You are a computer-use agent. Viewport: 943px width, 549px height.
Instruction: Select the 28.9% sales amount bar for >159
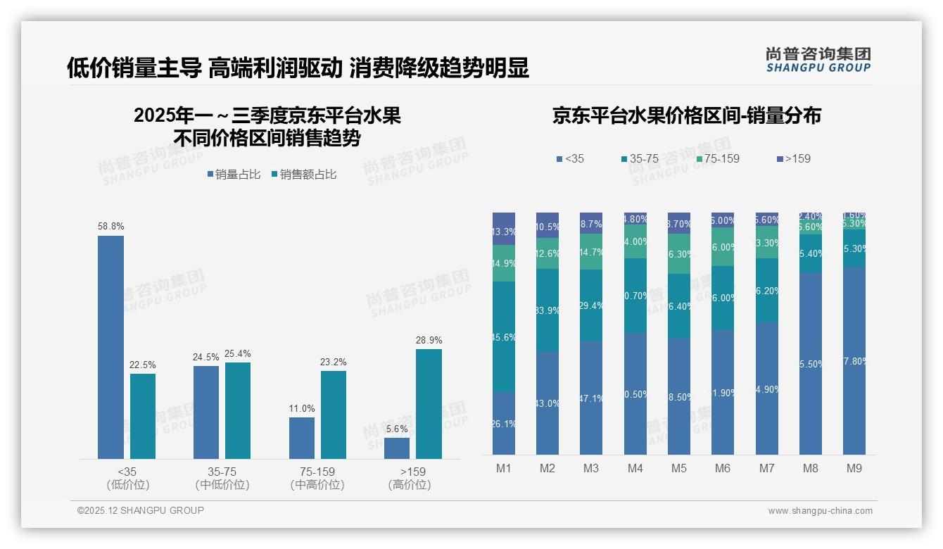click(x=429, y=404)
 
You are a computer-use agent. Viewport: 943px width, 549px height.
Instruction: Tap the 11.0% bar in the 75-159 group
click(x=302, y=438)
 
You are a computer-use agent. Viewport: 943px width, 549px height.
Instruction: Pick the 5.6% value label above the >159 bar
click(x=397, y=429)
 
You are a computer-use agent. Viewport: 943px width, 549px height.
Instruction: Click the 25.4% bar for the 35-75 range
click(x=238, y=410)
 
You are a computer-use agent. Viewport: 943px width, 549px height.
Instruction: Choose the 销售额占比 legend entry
click(x=303, y=175)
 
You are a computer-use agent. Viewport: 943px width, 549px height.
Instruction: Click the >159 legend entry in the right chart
click(x=794, y=159)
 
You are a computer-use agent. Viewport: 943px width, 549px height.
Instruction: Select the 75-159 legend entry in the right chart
click(x=718, y=159)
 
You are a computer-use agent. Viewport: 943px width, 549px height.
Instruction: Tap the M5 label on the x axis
click(x=678, y=468)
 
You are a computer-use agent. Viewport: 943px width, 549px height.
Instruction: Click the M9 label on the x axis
click(x=854, y=468)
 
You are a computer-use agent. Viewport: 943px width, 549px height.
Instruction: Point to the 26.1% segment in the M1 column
click(x=504, y=423)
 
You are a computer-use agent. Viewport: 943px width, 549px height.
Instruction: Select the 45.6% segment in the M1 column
click(x=504, y=336)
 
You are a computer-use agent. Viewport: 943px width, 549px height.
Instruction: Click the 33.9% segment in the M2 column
click(x=548, y=310)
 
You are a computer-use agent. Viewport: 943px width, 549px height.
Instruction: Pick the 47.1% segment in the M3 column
click(x=591, y=398)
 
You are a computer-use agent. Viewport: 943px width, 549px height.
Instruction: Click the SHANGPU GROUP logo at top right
click(x=818, y=60)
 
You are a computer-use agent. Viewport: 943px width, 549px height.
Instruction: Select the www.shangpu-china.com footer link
click(x=820, y=511)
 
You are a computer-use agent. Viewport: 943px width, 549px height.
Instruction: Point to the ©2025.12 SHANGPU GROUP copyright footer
click(x=141, y=510)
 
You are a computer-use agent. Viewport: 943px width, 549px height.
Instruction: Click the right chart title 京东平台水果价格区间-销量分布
click(x=686, y=116)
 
